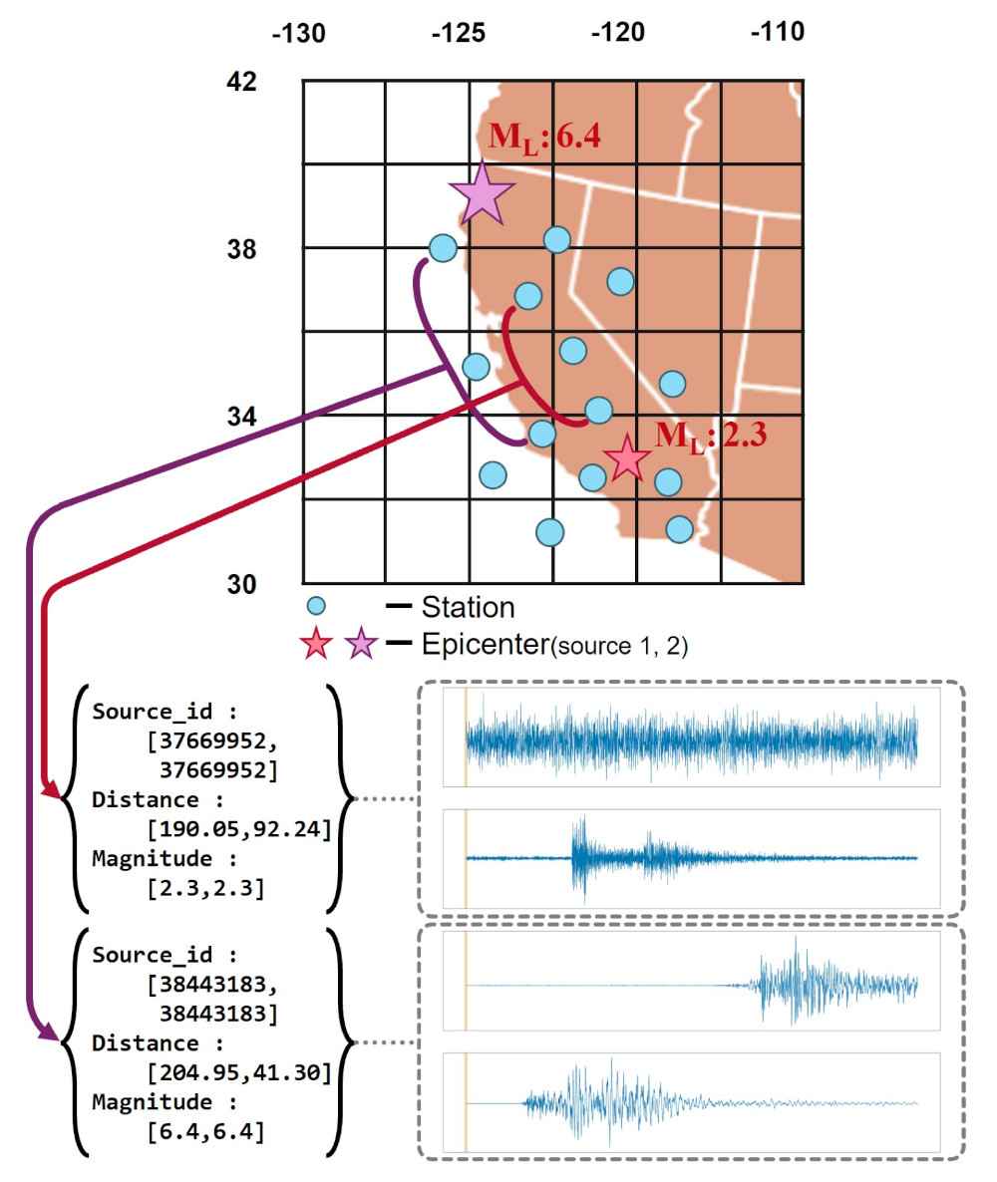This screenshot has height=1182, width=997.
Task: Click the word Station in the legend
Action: (468, 606)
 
